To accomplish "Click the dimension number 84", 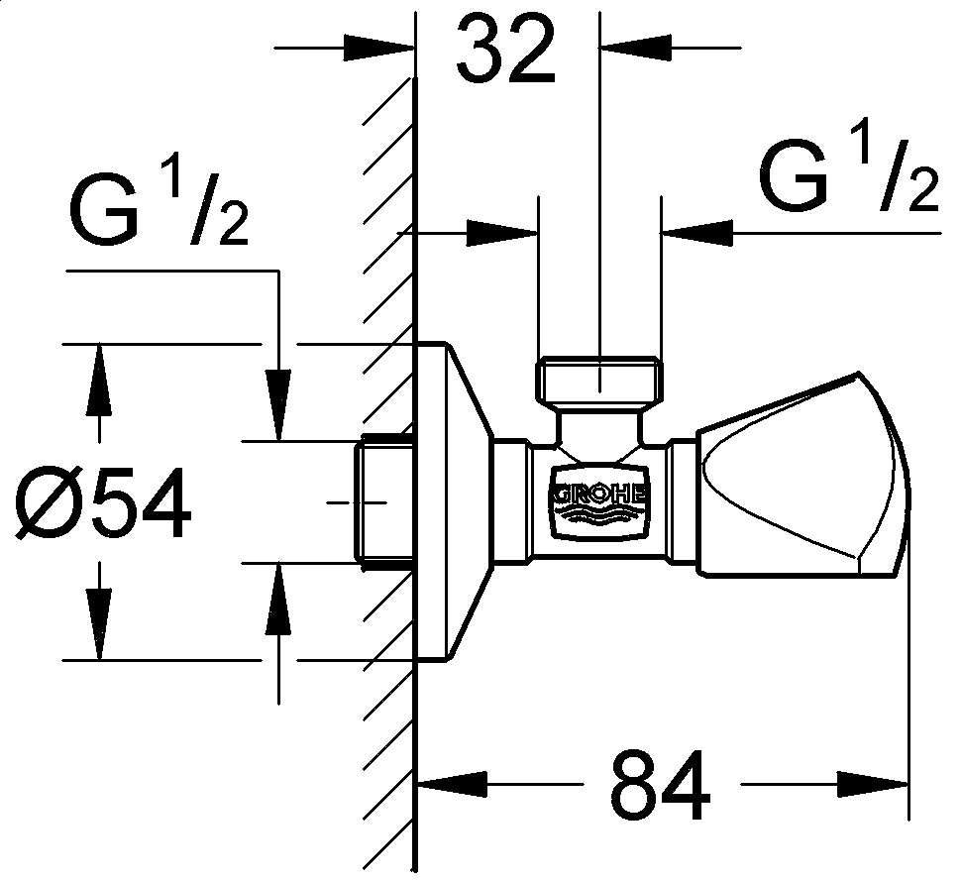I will coord(661,785).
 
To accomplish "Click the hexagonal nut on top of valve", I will coord(599,380).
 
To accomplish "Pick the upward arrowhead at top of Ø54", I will coord(97,382).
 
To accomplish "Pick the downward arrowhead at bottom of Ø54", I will coord(97,622).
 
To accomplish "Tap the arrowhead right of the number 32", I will coord(640,47).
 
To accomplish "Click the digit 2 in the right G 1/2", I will coord(920,193).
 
